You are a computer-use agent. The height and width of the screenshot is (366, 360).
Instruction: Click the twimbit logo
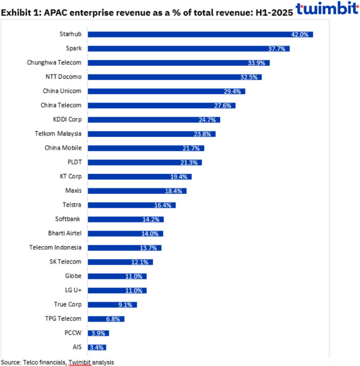[x=327, y=9]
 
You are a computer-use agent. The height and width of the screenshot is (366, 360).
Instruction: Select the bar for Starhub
[x=200, y=34]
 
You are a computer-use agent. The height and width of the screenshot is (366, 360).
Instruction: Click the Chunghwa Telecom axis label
[x=54, y=63]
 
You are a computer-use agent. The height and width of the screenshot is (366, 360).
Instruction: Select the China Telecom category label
[x=61, y=105]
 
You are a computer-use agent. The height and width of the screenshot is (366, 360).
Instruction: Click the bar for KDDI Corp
[x=154, y=119]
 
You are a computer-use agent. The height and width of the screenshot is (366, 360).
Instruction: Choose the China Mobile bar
[x=146, y=148]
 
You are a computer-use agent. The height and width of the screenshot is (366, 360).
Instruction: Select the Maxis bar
[x=137, y=191]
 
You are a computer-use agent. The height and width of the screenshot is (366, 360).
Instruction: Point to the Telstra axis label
[x=72, y=205]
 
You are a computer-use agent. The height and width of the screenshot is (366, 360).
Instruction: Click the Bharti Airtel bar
[x=125, y=233]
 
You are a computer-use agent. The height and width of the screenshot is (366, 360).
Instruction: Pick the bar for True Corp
[x=112, y=305]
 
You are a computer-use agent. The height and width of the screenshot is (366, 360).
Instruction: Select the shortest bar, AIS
[x=97, y=347]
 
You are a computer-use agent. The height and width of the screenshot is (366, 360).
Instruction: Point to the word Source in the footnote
[x=11, y=362]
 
